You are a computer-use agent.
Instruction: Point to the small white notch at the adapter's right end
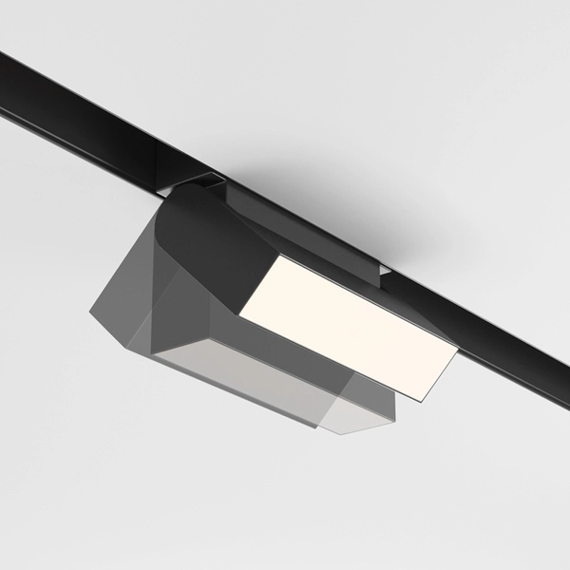click(x=386, y=275)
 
